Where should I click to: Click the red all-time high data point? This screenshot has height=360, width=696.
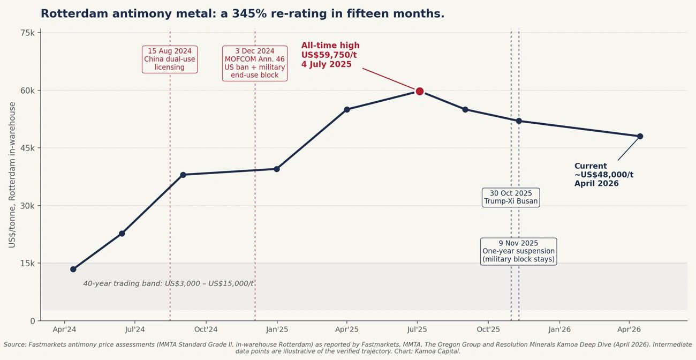(x=420, y=91)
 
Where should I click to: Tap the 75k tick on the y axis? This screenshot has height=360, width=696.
(x=28, y=33)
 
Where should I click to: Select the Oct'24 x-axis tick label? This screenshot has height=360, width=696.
(x=206, y=329)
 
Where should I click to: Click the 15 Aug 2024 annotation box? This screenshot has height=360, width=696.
(x=170, y=59)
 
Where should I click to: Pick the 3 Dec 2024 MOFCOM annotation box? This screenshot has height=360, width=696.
(x=255, y=63)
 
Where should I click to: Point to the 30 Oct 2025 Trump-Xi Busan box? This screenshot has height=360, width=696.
(x=511, y=197)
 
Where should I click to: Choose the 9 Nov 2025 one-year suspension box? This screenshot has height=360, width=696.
(x=518, y=251)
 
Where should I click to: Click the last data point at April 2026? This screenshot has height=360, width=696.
(x=640, y=136)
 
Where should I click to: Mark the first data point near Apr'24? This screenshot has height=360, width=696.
(x=73, y=269)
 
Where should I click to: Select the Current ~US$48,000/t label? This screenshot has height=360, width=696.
(x=603, y=175)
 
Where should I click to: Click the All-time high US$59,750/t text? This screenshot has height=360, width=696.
(x=330, y=55)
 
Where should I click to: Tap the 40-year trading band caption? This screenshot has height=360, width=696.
(x=168, y=283)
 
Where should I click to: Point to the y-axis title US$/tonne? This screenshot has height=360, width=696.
(x=12, y=175)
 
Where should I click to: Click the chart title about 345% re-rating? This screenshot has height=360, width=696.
(x=243, y=14)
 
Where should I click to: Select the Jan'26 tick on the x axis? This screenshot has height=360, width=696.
(x=558, y=329)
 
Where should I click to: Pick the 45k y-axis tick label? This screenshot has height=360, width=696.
(x=28, y=148)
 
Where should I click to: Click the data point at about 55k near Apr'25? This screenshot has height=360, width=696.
(x=347, y=109)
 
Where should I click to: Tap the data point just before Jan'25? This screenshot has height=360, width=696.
(x=276, y=169)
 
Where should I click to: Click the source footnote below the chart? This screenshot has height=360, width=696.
(x=347, y=348)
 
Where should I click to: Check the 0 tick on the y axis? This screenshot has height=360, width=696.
(x=32, y=321)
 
